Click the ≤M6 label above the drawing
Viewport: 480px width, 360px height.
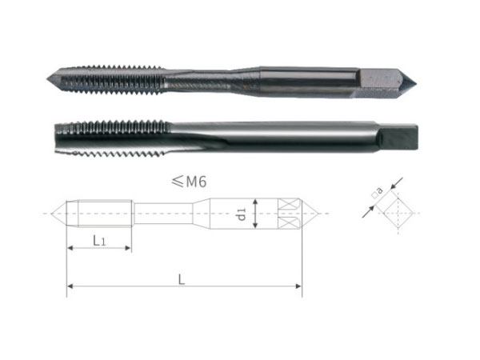(189, 182)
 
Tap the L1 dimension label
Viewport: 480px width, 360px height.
(99, 241)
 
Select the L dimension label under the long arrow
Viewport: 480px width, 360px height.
(182, 279)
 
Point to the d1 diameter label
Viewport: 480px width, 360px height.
(242, 214)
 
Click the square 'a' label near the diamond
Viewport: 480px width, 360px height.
(378, 193)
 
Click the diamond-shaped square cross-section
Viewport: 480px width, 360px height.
(398, 213)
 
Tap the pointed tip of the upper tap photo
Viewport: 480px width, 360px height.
(48, 79)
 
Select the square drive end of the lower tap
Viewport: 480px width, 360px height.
(398, 137)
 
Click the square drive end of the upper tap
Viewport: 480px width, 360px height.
(386, 82)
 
